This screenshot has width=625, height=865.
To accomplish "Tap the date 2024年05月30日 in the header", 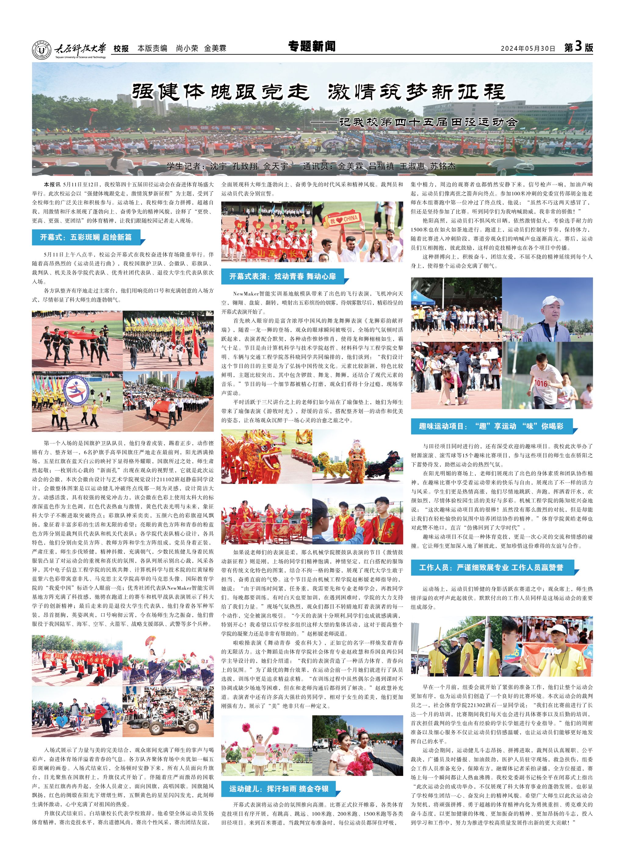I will click(x=528, y=49).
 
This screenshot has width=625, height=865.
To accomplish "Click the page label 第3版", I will click(x=578, y=47).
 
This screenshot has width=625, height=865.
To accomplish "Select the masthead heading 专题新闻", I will click(x=312, y=46).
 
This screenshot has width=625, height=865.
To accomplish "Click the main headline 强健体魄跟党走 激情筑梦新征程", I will click(x=319, y=92).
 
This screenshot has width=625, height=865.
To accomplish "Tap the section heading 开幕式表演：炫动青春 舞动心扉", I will click(x=282, y=276).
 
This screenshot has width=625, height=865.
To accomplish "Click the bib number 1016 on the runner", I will click(x=541, y=383).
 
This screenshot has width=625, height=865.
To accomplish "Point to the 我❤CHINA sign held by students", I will click(x=344, y=220).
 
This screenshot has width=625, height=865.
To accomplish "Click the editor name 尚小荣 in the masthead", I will click(x=187, y=49).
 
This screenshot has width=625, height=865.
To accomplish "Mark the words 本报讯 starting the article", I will click(x=52, y=185).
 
